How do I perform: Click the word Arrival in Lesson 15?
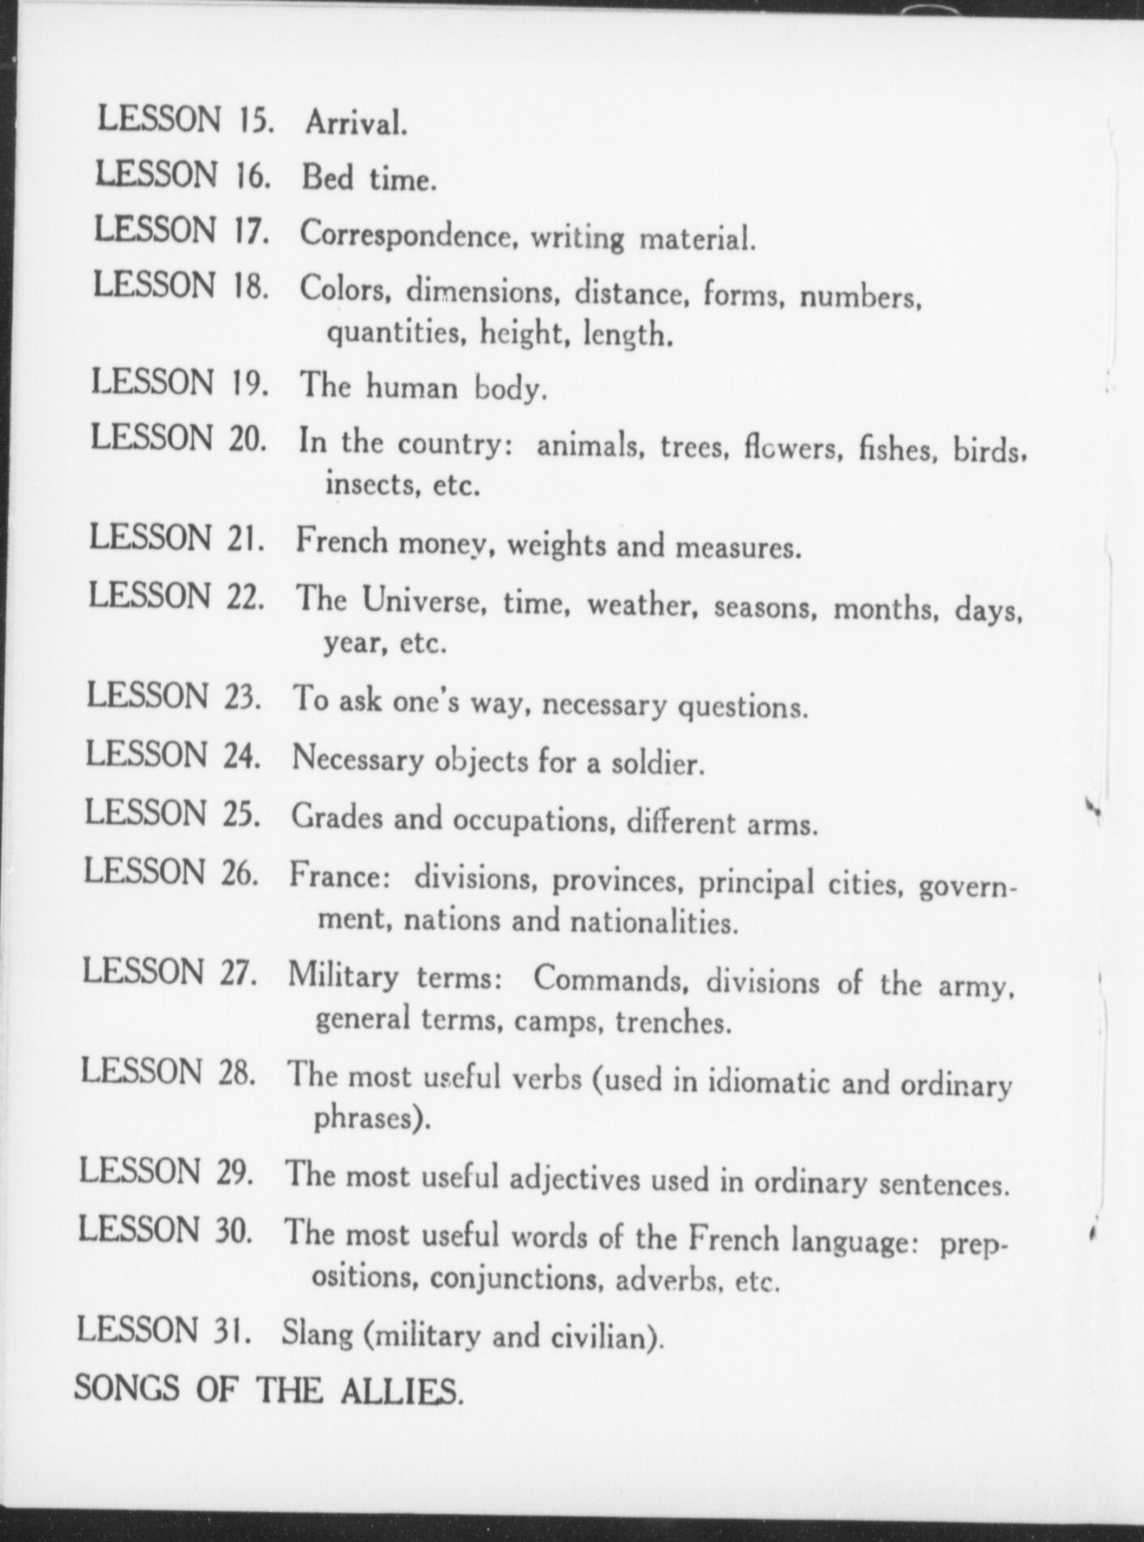(x=355, y=123)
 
